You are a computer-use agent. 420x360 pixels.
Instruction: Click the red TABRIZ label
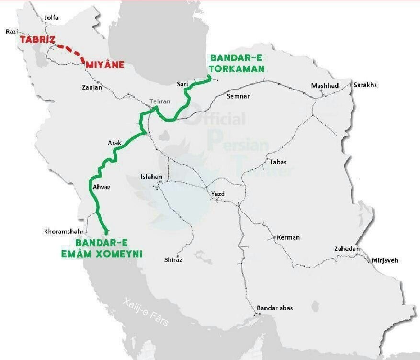pos(37,40)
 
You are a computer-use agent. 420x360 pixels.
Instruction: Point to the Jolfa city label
pos(51,18)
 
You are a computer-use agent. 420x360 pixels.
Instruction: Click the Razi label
pos(11,32)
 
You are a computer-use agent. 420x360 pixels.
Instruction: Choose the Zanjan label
pos(92,88)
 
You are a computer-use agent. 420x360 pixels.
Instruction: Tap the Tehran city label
pos(159,101)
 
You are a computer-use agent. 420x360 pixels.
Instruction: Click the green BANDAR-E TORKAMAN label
pos(237,63)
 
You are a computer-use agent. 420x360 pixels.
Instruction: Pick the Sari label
pos(182,84)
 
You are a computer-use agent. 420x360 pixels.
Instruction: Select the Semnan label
pos(238,96)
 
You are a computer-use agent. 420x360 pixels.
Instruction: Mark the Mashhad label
pos(325,86)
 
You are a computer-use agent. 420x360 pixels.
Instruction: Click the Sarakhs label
pos(365,85)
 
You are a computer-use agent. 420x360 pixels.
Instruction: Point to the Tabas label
pos(278,162)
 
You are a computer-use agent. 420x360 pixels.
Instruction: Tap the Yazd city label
pos(218,194)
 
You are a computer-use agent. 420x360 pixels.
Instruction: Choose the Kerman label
pos(288,237)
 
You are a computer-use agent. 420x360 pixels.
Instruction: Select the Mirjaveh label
pos(385,260)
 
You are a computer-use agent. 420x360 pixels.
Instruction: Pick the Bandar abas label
pos(274,308)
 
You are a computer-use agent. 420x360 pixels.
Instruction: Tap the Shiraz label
pos(173,260)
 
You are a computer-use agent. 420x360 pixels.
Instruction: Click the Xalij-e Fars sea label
pos(145,311)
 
